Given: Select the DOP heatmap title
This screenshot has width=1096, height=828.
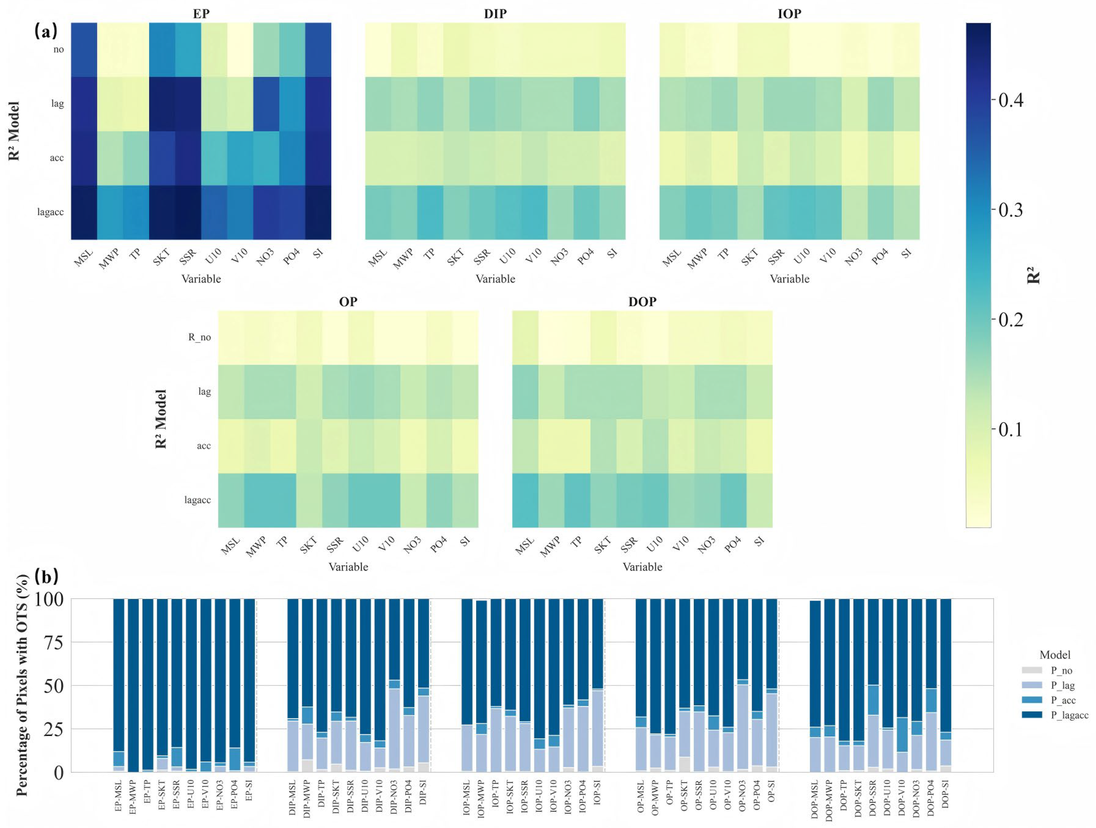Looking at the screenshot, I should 642,301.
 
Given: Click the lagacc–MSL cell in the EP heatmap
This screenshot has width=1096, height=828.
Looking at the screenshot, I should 84,212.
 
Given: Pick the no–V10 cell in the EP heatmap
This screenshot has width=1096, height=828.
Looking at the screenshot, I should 240,49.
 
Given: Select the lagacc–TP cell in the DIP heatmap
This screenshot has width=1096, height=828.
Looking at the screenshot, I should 430,212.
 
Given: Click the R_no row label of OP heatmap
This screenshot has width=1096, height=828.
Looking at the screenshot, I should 199,338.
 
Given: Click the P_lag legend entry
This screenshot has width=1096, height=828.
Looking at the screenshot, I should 1062,685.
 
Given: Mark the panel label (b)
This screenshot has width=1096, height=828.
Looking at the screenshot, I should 46,576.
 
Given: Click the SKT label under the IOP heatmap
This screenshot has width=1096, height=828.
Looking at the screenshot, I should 750,257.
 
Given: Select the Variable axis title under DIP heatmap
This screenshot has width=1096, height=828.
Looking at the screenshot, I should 495,279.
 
